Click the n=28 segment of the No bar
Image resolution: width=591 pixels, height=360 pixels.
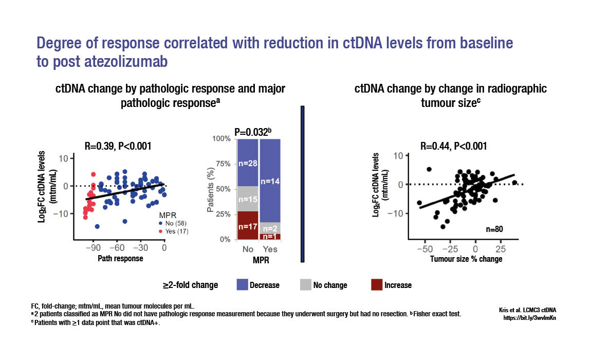point(248,163)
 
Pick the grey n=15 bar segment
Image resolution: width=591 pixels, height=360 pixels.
point(248,199)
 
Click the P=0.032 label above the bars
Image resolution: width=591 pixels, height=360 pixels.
point(252,132)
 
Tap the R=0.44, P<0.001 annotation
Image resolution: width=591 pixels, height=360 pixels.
point(454,146)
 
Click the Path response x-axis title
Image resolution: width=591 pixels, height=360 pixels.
point(120,259)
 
